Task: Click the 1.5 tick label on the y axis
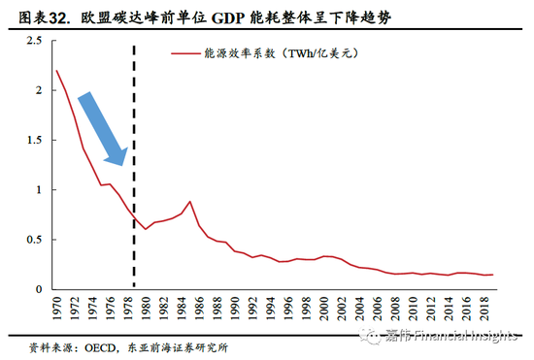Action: [32, 140]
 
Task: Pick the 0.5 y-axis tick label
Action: [32, 240]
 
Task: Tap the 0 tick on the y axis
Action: [38, 289]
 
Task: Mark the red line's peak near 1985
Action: [190, 202]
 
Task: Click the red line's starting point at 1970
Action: [56, 71]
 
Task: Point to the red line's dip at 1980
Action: [146, 229]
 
